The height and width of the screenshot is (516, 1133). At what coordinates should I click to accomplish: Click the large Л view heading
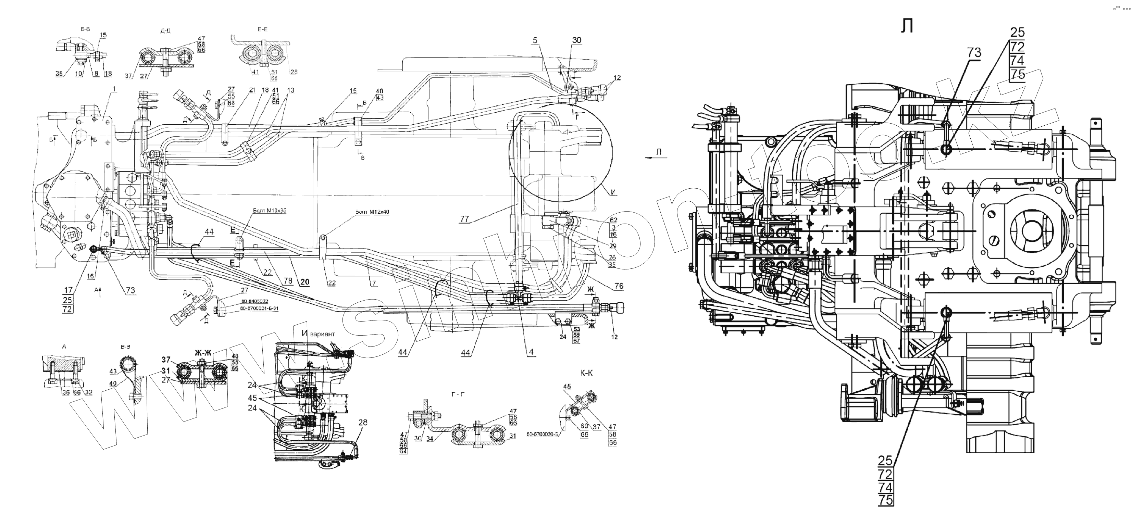[x=907, y=26]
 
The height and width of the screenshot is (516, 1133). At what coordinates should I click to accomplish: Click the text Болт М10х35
[x=270, y=211]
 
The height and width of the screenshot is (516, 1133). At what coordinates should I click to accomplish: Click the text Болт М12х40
[x=373, y=212]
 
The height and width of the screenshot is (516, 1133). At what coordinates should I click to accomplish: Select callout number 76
[x=619, y=286]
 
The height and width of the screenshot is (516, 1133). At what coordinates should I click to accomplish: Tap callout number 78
[x=288, y=281]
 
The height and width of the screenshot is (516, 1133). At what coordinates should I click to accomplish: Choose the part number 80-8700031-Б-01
[x=260, y=309]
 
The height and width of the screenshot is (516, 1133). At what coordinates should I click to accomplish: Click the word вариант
[x=322, y=334]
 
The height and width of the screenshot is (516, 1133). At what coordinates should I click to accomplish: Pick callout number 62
[x=613, y=220]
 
